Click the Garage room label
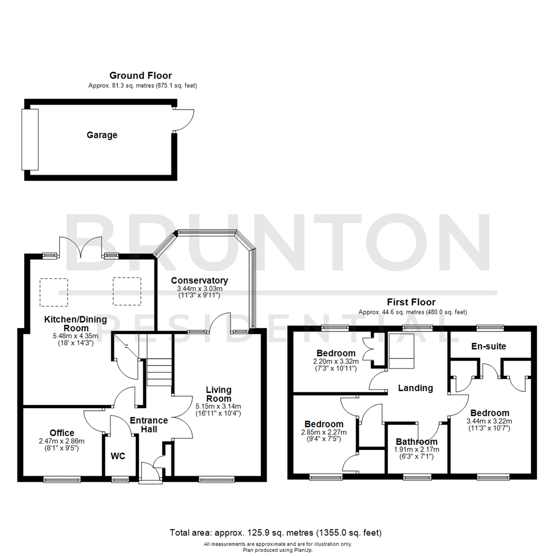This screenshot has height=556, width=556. tap(101, 135)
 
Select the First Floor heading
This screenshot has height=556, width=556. tap(412, 302)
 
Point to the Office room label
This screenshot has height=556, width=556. tap(62, 433)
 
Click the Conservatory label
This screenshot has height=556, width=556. tap(199, 281)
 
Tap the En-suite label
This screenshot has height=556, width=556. tap(489, 346)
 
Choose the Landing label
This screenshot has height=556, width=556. tap(415, 388)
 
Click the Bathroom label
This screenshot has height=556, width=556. tap(416, 442)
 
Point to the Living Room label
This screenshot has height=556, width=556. tap(218, 394)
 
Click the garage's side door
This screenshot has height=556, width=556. tap(184, 120)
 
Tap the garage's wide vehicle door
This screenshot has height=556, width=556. tap(30, 140)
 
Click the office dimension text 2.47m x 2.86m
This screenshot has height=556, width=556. tap(62, 441)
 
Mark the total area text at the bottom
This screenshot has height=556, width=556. tap(275, 532)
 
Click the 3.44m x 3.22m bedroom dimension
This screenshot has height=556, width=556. tap(490, 421)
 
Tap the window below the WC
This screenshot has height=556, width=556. tap(120, 480)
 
